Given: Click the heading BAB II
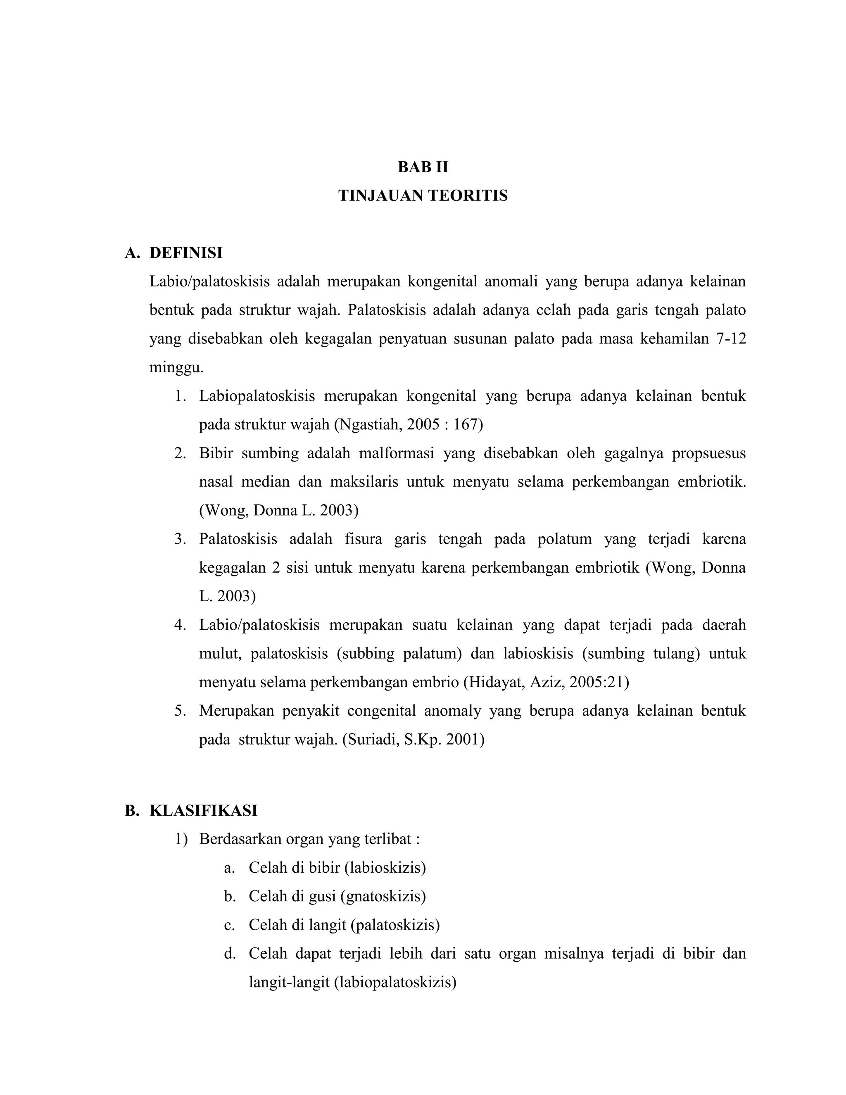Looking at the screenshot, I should pyautogui.click(x=423, y=167).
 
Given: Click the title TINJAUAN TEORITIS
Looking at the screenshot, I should pyautogui.click(x=423, y=195).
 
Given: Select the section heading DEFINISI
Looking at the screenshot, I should pyautogui.click(x=185, y=253).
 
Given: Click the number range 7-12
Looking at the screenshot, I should pyautogui.click(x=731, y=339).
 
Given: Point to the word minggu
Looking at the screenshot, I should pyautogui.click(x=176, y=369).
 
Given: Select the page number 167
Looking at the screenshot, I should pyautogui.click(x=466, y=425).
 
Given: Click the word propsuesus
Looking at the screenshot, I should pyautogui.click(x=709, y=453).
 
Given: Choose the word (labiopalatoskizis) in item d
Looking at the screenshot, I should pyautogui.click(x=395, y=982).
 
